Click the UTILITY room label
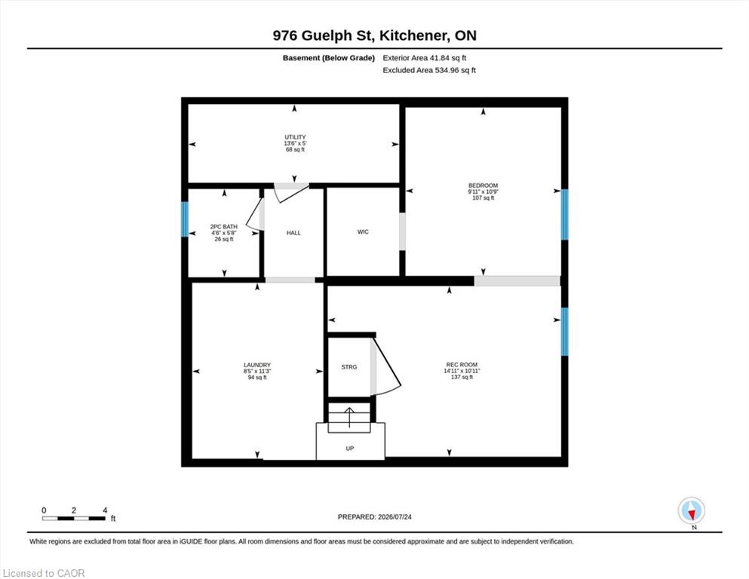coord(295,137)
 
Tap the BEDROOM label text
coord(483,185)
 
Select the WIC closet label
coord(363,232)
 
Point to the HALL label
coord(293,233)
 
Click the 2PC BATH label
coord(223,227)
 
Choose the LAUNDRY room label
coord(257,365)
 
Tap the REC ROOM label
coord(462,365)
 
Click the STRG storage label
coord(349,367)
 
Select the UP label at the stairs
coord(350,449)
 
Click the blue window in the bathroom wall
coord(184,219)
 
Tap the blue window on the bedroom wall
coord(564,215)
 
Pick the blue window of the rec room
coord(564,332)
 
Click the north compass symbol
coord(692,510)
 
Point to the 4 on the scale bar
coord(105,510)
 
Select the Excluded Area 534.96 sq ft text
coord(429,70)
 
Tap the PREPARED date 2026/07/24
coord(394,517)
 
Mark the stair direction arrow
coord(349,417)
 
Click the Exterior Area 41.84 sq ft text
coord(424,58)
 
